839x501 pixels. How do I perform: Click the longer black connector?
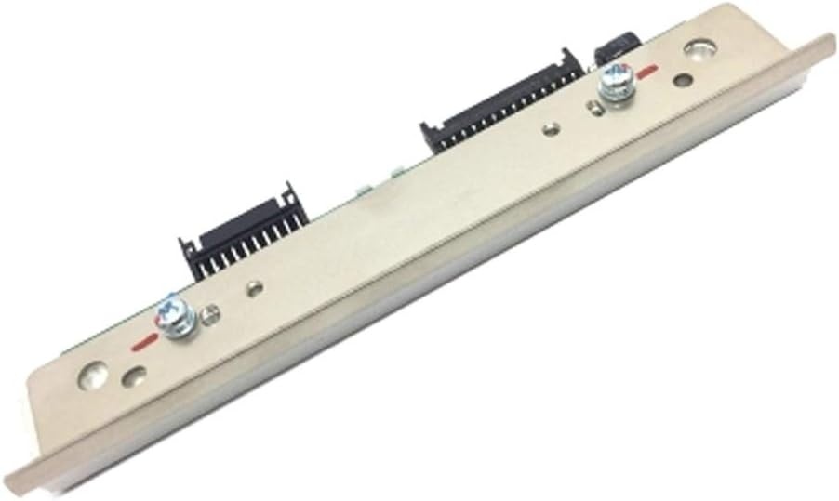502,107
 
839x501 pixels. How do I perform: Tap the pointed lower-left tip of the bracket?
20,459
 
